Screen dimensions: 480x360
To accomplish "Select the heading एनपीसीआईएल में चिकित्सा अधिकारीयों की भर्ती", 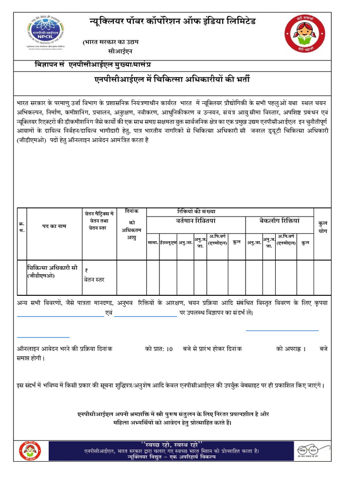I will click(172, 80).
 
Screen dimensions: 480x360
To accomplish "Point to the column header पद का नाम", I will click(54, 226).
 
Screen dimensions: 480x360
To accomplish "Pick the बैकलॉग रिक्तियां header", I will click(279, 221).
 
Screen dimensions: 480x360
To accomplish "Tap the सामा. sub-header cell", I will click(153, 243).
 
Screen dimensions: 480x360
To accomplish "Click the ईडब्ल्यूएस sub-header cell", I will click(168, 243).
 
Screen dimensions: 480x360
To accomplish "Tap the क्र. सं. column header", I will click(22, 227).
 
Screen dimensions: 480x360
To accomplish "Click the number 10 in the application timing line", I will click(169, 349).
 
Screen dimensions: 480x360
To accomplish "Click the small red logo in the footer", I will click(30, 451).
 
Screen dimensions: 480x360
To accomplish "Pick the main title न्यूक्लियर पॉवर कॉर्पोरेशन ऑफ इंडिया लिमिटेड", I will click(172, 22).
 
